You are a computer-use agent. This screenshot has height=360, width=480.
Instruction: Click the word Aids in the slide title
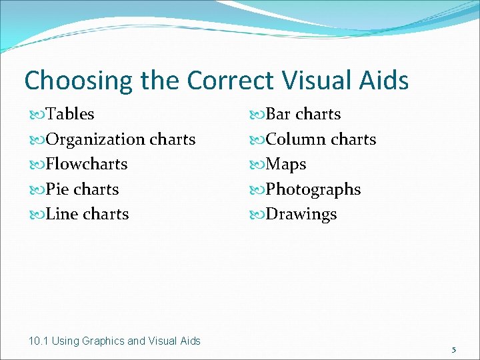[x=384, y=81]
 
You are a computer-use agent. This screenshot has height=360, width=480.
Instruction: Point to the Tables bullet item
[x=70, y=115]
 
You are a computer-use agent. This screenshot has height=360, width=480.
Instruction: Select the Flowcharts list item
[x=86, y=164]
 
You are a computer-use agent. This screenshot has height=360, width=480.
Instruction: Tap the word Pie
[x=58, y=189]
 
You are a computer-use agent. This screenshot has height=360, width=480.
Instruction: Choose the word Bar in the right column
[x=279, y=115]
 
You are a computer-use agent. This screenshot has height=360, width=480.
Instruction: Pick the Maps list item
[x=286, y=165]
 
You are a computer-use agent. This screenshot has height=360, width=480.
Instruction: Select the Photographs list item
[x=313, y=190]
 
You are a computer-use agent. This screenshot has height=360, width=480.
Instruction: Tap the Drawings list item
[x=301, y=215]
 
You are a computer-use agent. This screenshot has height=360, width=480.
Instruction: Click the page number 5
[x=453, y=350]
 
